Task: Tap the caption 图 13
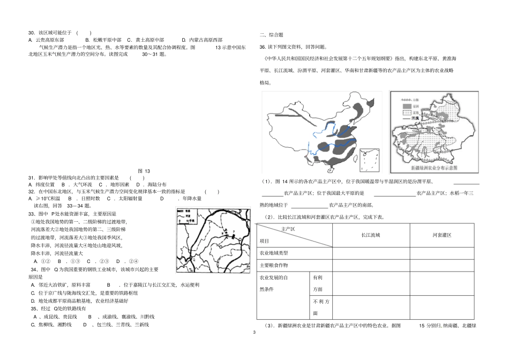145,171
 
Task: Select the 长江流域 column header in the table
370,235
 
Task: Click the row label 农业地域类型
274,252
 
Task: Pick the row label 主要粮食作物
274,265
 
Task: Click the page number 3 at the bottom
254,333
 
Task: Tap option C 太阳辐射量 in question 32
124,198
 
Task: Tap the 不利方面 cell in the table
318,307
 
